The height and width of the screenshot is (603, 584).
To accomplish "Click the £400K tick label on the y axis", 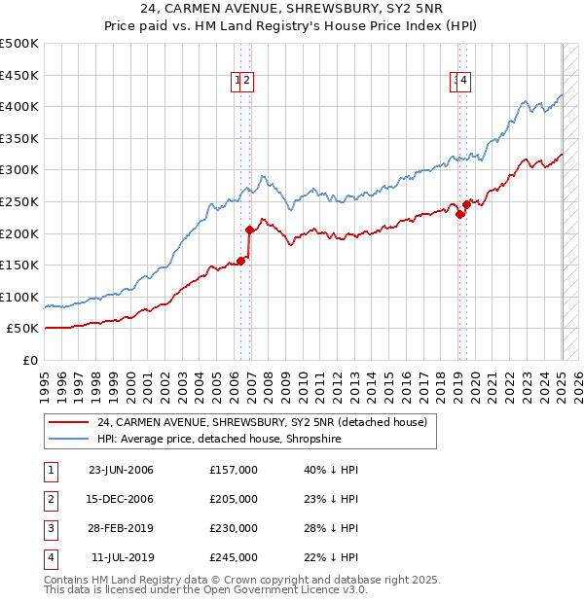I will coord(19,106).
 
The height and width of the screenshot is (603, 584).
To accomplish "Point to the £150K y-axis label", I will coord(19,265).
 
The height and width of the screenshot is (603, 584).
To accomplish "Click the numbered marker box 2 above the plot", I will coord(247,82).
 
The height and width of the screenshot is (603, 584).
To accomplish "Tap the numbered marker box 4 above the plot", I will coord(465,82).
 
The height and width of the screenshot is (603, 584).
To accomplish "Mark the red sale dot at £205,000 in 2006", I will coord(250,231).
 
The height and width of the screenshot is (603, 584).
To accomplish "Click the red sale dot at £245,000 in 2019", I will coord(467,204).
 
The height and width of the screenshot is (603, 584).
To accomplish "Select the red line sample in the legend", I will coord(68,423).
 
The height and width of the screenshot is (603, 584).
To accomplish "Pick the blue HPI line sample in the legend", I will coord(68,440).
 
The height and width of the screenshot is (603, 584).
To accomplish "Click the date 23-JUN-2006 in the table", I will coord(121,470).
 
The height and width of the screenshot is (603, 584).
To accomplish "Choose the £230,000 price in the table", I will coord(234,528).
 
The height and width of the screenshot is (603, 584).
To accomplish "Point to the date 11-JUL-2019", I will coord(121,557).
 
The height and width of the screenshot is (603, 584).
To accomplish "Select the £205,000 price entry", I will coord(234,499).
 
